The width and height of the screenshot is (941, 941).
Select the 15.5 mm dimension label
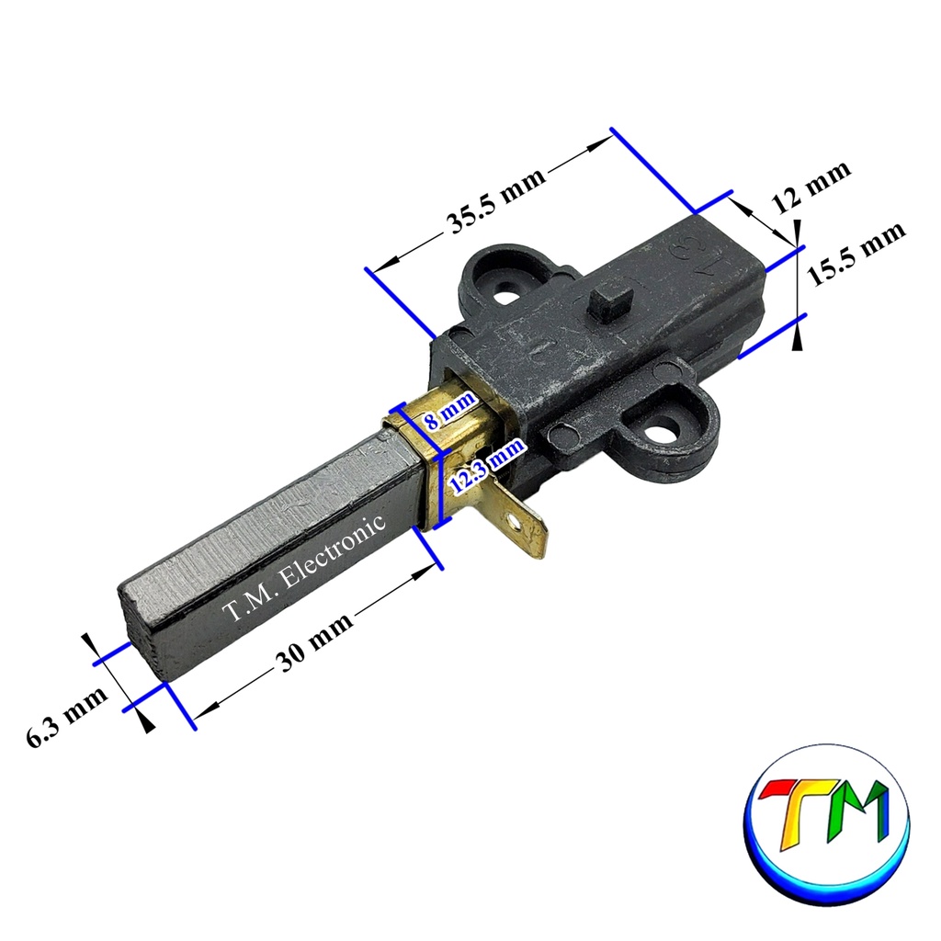point(855,254)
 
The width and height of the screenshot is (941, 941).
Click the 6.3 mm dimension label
point(66,715)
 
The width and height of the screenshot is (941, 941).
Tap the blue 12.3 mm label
point(487,466)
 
